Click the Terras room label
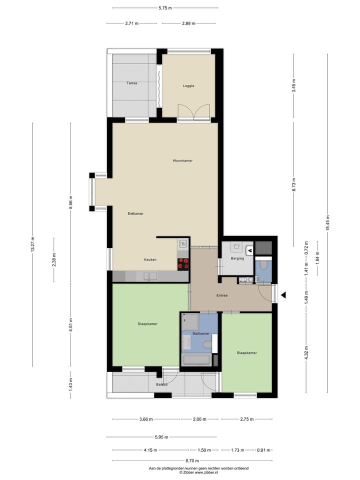pyautogui.click(x=132, y=83)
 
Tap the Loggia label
pyautogui.click(x=188, y=86)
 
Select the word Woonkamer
pyautogui.click(x=182, y=160)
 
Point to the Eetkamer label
pyautogui.click(x=135, y=213)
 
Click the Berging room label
pyautogui.click(x=237, y=258)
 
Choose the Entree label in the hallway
pyautogui.click(x=221, y=295)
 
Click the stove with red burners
pyautogui.click(x=183, y=263)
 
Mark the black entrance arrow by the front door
pyautogui.click(x=283, y=295)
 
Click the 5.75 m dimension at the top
pyautogui.click(x=165, y=8)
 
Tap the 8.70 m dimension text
pyautogui.click(x=192, y=460)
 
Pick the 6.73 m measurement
pyautogui.click(x=294, y=184)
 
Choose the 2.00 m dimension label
pyautogui.click(x=200, y=419)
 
